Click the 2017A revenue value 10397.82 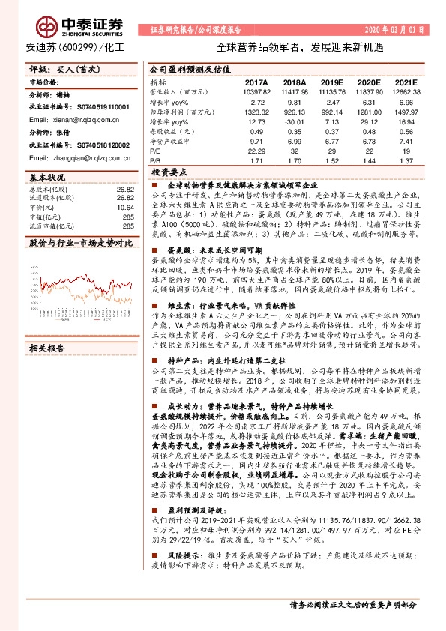tap(256, 90)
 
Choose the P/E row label tap(155, 150)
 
